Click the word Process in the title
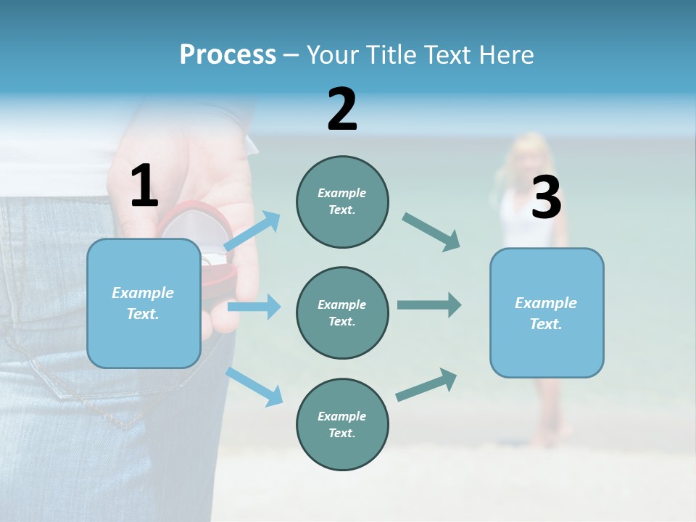click(x=228, y=55)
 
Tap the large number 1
click(x=144, y=186)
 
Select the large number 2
click(x=342, y=109)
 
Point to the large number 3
click(x=546, y=199)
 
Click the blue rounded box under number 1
click(x=144, y=303)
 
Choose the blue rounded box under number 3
click(x=547, y=312)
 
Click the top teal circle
click(x=342, y=202)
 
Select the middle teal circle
click(x=342, y=312)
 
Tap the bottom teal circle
click(x=342, y=424)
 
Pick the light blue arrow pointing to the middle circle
click(x=254, y=307)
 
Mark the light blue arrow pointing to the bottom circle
click(x=254, y=386)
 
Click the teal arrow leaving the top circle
click(x=431, y=231)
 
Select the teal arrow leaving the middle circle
click(x=429, y=304)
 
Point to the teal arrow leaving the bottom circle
click(x=427, y=384)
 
